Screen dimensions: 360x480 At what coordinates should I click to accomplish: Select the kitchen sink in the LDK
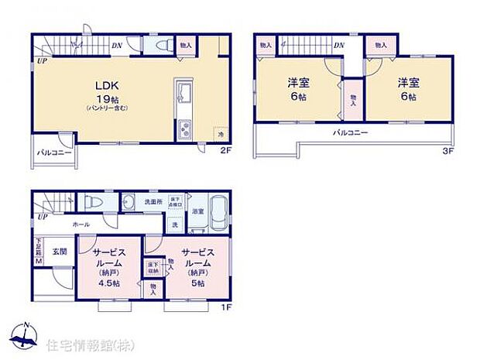point(184,97)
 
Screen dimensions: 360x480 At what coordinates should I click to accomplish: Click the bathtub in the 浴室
point(218,213)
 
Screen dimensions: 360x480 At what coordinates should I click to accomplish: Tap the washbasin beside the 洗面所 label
point(128,201)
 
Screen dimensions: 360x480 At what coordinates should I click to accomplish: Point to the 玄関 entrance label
point(60,251)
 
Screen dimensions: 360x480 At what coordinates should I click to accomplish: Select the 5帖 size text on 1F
point(197,284)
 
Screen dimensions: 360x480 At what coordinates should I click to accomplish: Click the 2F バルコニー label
point(53,153)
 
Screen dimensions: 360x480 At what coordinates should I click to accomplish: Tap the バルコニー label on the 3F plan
point(350,133)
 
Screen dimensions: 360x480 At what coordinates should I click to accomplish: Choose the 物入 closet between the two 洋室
point(352,99)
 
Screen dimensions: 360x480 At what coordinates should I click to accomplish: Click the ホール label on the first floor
point(81,224)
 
